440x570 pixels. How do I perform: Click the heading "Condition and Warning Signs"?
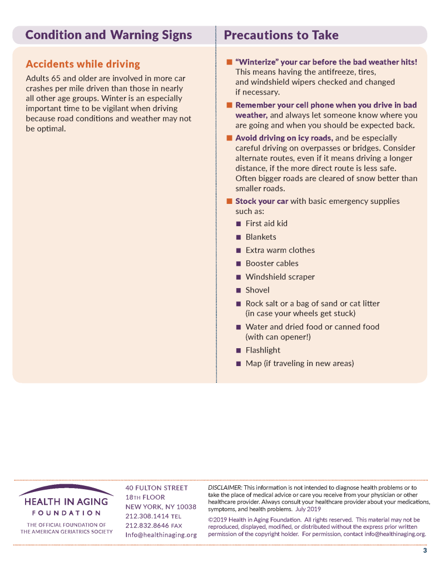point(108,35)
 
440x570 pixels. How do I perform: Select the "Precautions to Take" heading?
point(281,35)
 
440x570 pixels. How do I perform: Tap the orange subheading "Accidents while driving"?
point(83,64)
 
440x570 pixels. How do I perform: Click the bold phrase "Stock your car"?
point(261,201)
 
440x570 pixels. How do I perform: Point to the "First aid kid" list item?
point(266,223)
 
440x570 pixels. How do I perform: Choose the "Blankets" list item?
point(261,237)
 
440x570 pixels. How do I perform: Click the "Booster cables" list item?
point(272,264)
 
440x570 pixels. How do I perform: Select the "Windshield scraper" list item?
point(280,277)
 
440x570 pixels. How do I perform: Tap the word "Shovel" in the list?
point(258,290)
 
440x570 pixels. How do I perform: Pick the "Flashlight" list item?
point(263,350)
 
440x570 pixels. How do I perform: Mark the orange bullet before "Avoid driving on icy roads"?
point(229,138)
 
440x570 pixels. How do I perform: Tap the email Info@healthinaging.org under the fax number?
point(161,535)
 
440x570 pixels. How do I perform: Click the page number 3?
point(425,551)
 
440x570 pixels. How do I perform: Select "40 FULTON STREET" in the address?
point(157,488)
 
